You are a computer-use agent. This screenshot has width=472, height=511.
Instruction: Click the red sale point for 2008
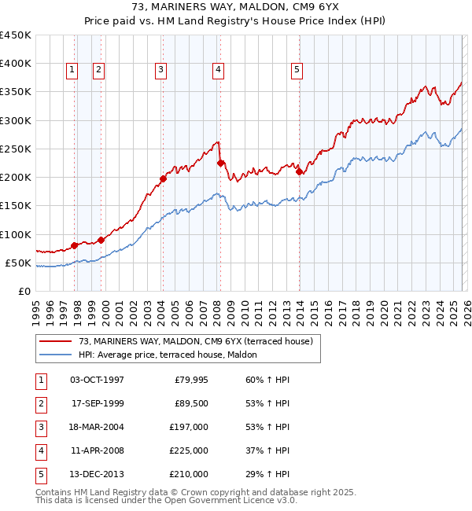[x=221, y=164]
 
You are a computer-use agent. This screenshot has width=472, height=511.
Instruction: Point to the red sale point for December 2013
[x=300, y=171]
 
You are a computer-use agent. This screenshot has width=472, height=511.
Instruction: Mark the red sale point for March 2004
[x=164, y=178]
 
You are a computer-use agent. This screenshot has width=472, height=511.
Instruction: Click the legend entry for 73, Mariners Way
[x=196, y=341]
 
